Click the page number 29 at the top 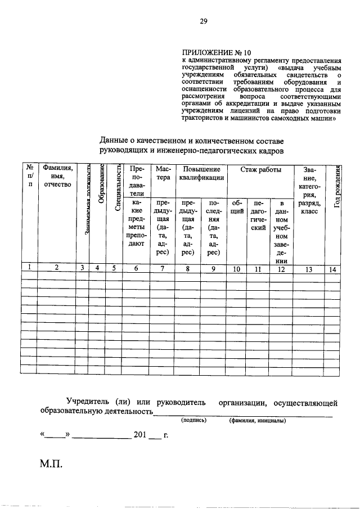pyautogui.click(x=204, y=22)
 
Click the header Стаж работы pyautogui.click(x=262, y=169)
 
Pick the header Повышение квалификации pyautogui.click(x=201, y=173)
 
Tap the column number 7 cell pyautogui.click(x=162, y=269)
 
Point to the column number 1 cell pyautogui.click(x=29, y=268)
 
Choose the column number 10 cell pyautogui.click(x=237, y=269)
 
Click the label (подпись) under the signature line pyautogui.click(x=193, y=420)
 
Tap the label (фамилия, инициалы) pyautogui.click(x=257, y=420)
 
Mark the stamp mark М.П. pyautogui.click(x=51, y=466)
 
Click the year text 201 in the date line pyautogui.click(x=140, y=435)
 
